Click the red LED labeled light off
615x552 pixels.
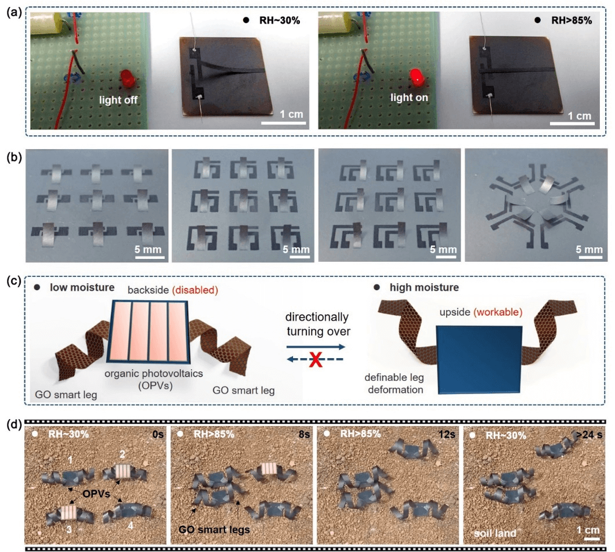(128, 78)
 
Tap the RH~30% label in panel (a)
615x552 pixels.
(280, 20)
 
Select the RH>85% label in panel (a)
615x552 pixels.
(571, 20)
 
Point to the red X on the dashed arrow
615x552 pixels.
(316, 359)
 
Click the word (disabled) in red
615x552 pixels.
(196, 290)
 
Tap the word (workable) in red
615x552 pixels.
(498, 312)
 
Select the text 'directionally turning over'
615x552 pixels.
(317, 324)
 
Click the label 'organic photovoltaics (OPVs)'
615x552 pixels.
(154, 380)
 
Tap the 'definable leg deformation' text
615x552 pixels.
(395, 383)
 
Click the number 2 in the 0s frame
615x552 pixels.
(122, 454)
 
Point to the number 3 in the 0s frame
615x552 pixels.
(69, 529)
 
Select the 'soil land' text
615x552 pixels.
(495, 533)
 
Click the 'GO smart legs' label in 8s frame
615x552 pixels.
(214, 529)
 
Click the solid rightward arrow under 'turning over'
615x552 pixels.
(316, 347)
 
